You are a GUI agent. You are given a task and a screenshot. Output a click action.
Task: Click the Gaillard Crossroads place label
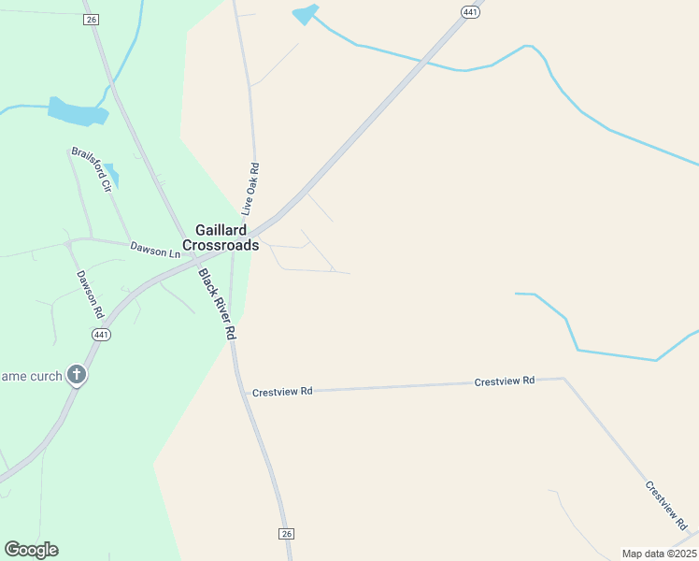click(x=221, y=237)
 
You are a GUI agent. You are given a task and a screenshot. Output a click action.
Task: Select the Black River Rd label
click(x=218, y=304)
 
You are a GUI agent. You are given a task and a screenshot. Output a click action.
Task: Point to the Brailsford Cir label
click(x=92, y=169)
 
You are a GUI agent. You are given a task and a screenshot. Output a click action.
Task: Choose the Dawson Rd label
click(x=88, y=291)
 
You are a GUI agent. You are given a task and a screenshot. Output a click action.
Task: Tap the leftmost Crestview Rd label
click(x=282, y=393)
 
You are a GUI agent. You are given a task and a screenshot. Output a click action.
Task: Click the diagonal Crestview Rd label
click(x=666, y=506)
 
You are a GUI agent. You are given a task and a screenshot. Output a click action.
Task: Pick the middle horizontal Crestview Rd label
click(x=504, y=381)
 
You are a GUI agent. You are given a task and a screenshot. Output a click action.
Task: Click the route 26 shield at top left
click(x=91, y=20)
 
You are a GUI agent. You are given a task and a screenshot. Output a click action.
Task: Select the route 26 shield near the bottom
click(x=286, y=533)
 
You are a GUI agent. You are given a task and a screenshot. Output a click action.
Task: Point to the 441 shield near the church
click(x=102, y=335)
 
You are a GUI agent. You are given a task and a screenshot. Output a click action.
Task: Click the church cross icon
click(x=77, y=376)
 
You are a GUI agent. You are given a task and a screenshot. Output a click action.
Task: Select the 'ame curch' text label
click(x=31, y=376)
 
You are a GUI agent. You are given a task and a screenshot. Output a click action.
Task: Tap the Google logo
click(x=31, y=550)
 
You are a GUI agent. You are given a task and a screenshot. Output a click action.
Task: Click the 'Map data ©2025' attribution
click(x=659, y=554)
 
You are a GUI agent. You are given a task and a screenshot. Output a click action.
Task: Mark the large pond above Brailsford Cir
click(x=78, y=111)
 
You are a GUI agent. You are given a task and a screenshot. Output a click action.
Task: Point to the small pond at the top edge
click(x=306, y=14)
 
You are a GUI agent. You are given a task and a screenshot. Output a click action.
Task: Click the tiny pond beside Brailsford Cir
click(x=112, y=174)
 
